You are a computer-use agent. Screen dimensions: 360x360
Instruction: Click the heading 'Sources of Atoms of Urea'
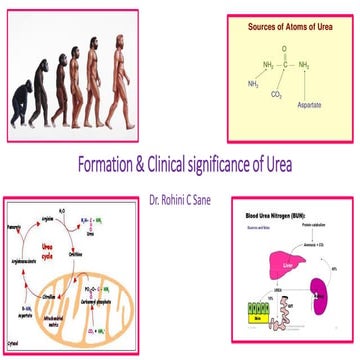(x=290, y=25)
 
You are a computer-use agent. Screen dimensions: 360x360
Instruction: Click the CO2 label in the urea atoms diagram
(x=277, y=98)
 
